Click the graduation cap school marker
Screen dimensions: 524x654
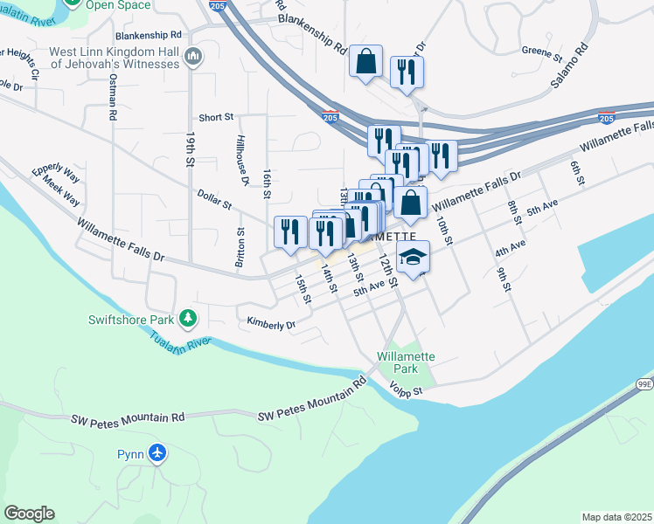[414, 257]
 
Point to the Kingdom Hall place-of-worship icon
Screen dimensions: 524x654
[194, 59]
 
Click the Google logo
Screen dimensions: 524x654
[30, 513]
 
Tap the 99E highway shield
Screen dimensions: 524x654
[644, 383]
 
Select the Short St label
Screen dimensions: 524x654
[216, 117]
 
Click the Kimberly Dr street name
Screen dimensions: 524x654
[271, 324]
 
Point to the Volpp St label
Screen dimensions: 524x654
[406, 391]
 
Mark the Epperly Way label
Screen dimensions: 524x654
[55, 173]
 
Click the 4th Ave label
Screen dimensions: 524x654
[510, 249]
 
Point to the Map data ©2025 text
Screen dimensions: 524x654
[616, 517]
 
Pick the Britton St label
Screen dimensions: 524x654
[240, 249]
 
